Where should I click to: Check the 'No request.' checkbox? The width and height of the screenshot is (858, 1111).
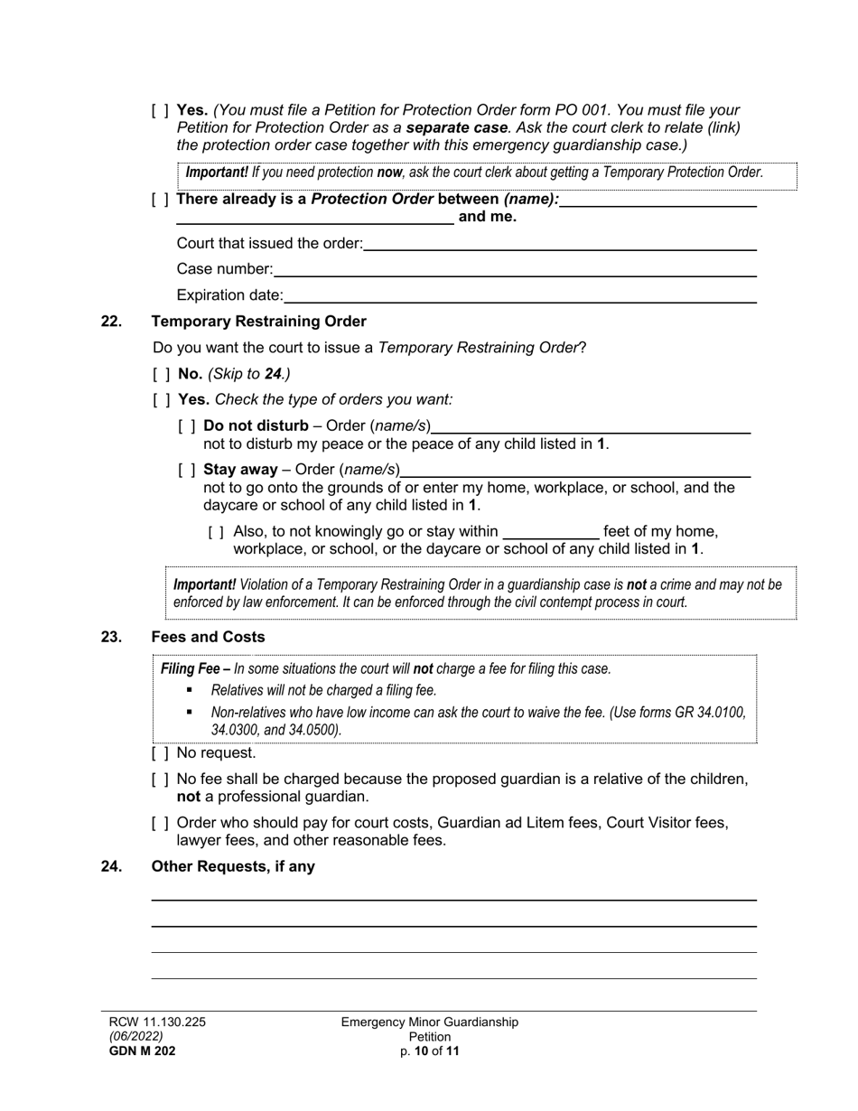pos(160,753)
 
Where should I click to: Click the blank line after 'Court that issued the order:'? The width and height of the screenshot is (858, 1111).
pos(559,244)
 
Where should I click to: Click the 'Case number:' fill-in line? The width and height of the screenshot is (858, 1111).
pos(514,270)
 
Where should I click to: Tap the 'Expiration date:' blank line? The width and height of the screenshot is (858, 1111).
pos(519,296)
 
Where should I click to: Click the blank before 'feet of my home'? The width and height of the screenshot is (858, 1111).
pos(550,532)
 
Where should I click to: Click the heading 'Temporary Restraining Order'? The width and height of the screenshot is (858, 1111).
pos(258,322)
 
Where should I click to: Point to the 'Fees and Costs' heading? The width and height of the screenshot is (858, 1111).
pos(208,638)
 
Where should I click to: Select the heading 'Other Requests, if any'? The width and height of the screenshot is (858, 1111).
pos(233,867)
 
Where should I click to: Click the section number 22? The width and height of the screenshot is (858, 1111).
pos(111,322)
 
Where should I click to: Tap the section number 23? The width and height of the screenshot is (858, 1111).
pos(111,638)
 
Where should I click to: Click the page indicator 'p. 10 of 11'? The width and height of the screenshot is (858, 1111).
pos(430,1051)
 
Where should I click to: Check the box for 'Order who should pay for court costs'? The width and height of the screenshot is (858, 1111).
pos(160,824)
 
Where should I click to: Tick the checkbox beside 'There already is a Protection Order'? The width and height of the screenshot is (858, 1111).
pos(160,200)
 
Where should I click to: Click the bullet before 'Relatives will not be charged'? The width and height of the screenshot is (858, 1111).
pos(190,690)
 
